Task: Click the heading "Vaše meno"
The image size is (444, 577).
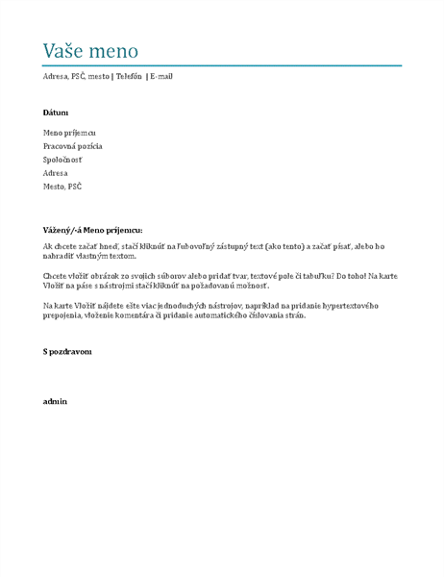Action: pyautogui.click(x=91, y=51)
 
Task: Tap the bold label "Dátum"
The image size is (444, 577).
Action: pyautogui.click(x=56, y=113)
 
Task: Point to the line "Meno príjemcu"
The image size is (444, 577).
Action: pyautogui.click(x=69, y=132)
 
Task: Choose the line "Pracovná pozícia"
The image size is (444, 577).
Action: pyautogui.click(x=73, y=145)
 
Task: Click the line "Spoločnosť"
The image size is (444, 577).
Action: pyautogui.click(x=62, y=159)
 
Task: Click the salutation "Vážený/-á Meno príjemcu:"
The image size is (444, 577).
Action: pyautogui.click(x=92, y=231)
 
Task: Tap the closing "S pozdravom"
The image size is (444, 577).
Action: pyautogui.click(x=67, y=352)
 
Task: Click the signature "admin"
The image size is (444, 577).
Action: pyautogui.click(x=55, y=400)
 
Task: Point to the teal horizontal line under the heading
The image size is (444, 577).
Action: pyautogui.click(x=222, y=65)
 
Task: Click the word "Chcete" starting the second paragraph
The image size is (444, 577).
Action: pyautogui.click(x=56, y=276)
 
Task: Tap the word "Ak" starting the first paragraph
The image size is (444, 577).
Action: pyautogui.click(x=48, y=246)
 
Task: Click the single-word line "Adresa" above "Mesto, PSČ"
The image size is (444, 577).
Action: pyautogui.click(x=56, y=172)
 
